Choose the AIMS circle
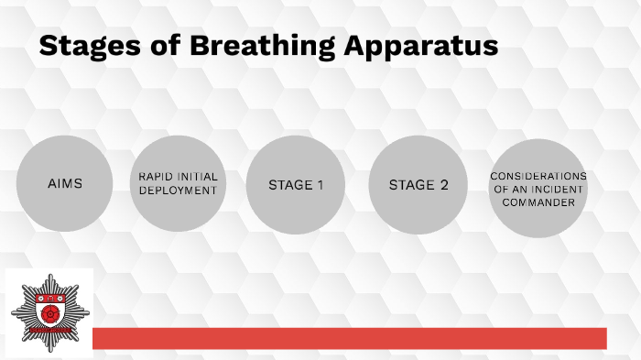tap(65, 184)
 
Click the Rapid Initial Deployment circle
tap(178, 183)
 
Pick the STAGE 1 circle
tap(296, 185)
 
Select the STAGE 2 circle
tap(418, 185)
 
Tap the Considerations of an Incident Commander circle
tap(538, 188)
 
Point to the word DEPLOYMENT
tap(178, 191)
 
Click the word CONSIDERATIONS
tap(538, 176)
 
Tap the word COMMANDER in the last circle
tap(538, 202)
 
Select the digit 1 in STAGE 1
tap(320, 185)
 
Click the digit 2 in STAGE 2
tap(443, 185)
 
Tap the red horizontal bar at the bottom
tap(349, 338)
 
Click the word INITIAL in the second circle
tap(200, 177)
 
